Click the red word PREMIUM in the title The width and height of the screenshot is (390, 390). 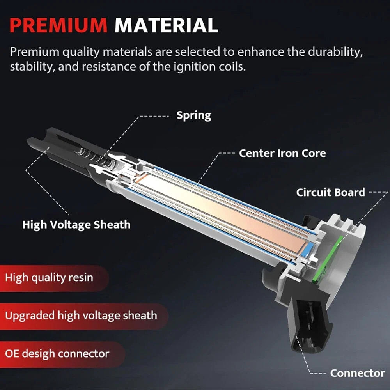click(x=58, y=25)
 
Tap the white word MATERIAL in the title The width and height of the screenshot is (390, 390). click(x=166, y=25)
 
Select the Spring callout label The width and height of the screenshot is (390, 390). click(x=194, y=116)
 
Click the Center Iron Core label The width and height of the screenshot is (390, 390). click(x=282, y=153)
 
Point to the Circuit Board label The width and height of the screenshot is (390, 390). click(x=331, y=192)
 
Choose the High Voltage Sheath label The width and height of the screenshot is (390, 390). click(x=76, y=225)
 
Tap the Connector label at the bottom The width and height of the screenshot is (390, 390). click(x=357, y=373)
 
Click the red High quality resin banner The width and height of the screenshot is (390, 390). click(x=54, y=278)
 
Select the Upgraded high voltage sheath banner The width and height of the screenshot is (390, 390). click(x=84, y=316)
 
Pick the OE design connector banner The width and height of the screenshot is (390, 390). click(x=62, y=354)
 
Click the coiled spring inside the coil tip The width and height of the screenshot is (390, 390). click(x=96, y=157)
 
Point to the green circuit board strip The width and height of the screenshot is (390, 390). click(x=326, y=259)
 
